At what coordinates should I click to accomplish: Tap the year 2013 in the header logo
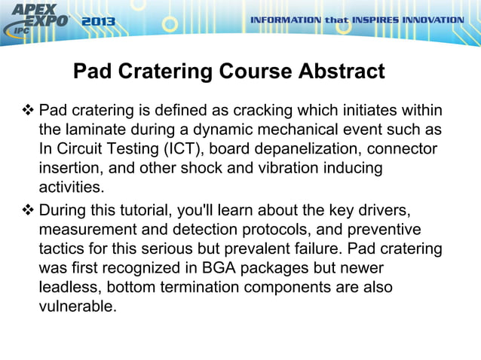click(x=98, y=22)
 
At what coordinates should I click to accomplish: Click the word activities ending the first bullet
click(x=72, y=186)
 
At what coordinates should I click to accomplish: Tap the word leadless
click(x=68, y=288)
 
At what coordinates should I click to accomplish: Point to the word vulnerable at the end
click(x=78, y=307)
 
